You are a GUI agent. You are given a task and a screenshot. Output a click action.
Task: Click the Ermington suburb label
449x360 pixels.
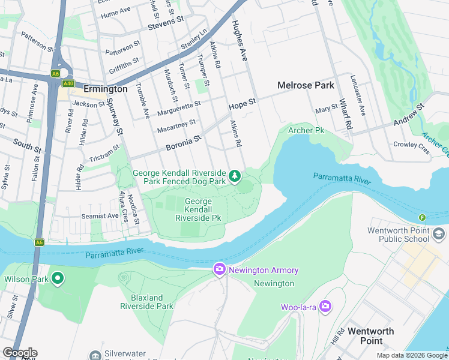pos(105,89)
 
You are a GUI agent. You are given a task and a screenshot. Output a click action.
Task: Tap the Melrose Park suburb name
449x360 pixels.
pos(306,85)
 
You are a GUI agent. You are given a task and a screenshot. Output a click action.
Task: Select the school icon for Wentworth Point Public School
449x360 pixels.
pos(439,234)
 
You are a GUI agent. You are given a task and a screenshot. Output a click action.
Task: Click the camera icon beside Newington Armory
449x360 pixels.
pos(220,270)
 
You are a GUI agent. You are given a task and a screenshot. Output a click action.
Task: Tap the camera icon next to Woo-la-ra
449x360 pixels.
pos(325,307)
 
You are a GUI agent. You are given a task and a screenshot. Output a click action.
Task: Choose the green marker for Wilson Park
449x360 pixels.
pos(58,278)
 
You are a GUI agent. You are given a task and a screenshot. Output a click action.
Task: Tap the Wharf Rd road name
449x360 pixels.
pos(344,114)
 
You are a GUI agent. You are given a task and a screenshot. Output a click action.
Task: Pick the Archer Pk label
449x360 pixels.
pos(306,130)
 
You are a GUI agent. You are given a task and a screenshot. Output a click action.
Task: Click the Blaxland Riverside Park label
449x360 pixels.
pos(147,302)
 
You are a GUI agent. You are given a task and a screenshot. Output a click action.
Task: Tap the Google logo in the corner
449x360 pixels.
pos(20,353)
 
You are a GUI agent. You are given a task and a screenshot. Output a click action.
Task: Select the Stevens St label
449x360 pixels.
pos(165,21)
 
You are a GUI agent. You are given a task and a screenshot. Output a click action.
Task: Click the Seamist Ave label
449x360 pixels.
pos(100,216)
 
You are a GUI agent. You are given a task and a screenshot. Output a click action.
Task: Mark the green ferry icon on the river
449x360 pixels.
pos(422,217)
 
